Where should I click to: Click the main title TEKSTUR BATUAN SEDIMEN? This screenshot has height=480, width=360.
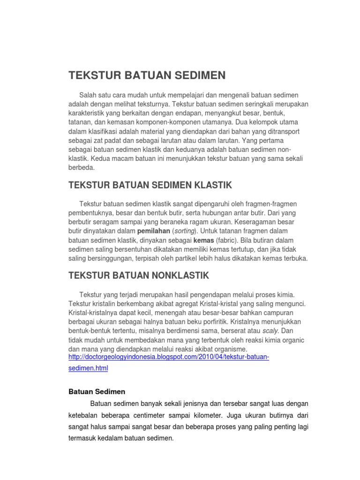[x=147, y=75]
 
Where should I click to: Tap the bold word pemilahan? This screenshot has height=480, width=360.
[x=154, y=232]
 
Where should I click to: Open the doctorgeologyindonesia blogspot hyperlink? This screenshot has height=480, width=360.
[x=169, y=357]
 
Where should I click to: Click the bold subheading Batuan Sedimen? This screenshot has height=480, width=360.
[x=97, y=391]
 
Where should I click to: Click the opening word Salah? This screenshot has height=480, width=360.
[x=89, y=95]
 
